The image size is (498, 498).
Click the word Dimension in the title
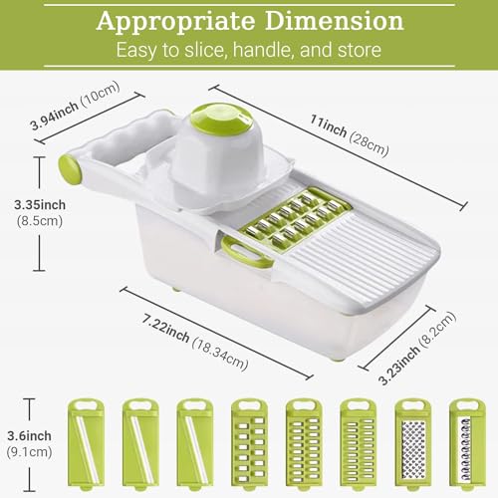coord(335,21)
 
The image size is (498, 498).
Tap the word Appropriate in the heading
coord(175,22)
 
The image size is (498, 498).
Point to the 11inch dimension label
coord(328,126)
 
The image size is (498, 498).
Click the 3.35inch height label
coord(40,205)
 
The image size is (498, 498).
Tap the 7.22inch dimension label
coord(165,329)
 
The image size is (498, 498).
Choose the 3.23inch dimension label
coord(399,366)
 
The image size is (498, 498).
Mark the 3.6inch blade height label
coord(30,436)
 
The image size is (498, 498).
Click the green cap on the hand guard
coord(218,120)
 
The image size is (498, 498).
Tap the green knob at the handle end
coord(70,169)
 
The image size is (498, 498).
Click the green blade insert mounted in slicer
coord(295,218)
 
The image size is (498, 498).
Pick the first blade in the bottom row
coord(86,444)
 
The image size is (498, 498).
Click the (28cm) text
coord(369,144)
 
